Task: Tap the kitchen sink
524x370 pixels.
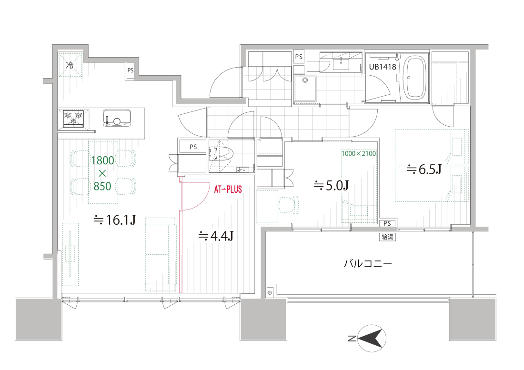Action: (x=117, y=118)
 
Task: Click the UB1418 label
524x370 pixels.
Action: (x=383, y=67)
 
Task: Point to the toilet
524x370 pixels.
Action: (x=221, y=154)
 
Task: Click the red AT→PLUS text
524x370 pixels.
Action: (x=228, y=190)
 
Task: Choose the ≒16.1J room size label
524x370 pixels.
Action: (x=115, y=220)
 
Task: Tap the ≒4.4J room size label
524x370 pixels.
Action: (x=216, y=236)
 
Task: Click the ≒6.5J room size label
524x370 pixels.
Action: (x=424, y=170)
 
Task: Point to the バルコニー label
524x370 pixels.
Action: (x=368, y=264)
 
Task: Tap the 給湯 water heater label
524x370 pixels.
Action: (x=387, y=237)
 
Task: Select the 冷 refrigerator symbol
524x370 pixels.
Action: (x=70, y=65)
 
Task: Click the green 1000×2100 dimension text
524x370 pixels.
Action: (x=359, y=154)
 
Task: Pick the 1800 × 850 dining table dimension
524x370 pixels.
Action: (x=102, y=173)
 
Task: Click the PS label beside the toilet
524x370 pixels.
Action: (x=193, y=147)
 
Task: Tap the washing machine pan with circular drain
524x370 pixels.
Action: (x=305, y=89)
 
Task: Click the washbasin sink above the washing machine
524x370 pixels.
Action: (x=341, y=64)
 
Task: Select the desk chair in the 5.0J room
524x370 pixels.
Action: (x=288, y=205)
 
